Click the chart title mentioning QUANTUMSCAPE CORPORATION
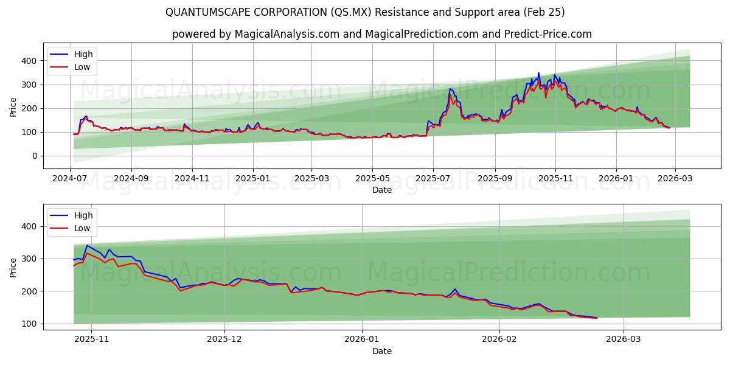click(x=365, y=12)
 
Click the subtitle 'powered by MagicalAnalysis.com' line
click(x=381, y=34)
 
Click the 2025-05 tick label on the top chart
click(x=372, y=179)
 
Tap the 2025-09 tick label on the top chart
click(x=495, y=179)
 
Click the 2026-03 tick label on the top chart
click(x=675, y=179)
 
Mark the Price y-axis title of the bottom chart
click(x=13, y=266)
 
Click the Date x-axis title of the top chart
click(x=381, y=190)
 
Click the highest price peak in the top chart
click(x=538, y=73)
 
